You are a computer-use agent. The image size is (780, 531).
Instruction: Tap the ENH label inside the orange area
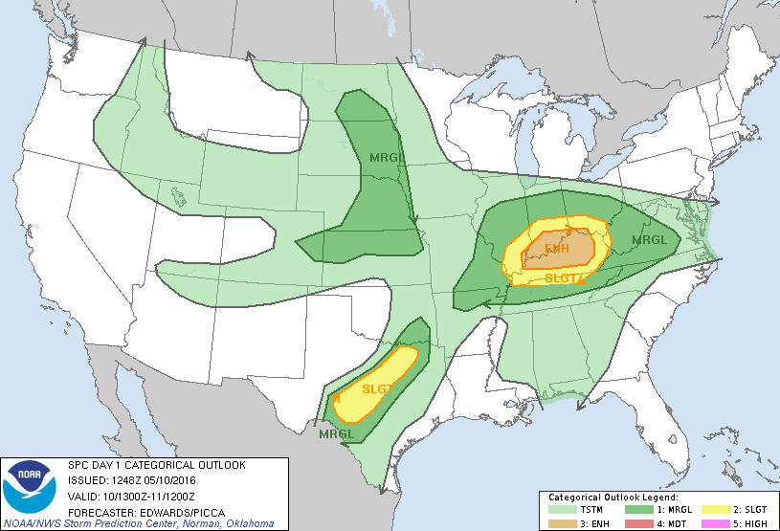tap(557, 250)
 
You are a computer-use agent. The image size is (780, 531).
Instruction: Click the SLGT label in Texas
tap(378, 388)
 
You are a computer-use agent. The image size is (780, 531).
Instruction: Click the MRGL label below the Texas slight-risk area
tap(337, 433)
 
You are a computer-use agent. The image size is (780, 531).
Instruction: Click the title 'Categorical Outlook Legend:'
tap(613, 498)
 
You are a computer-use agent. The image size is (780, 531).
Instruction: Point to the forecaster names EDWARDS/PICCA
tap(171, 510)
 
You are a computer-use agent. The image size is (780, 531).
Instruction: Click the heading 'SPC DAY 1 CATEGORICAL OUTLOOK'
tap(156, 465)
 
